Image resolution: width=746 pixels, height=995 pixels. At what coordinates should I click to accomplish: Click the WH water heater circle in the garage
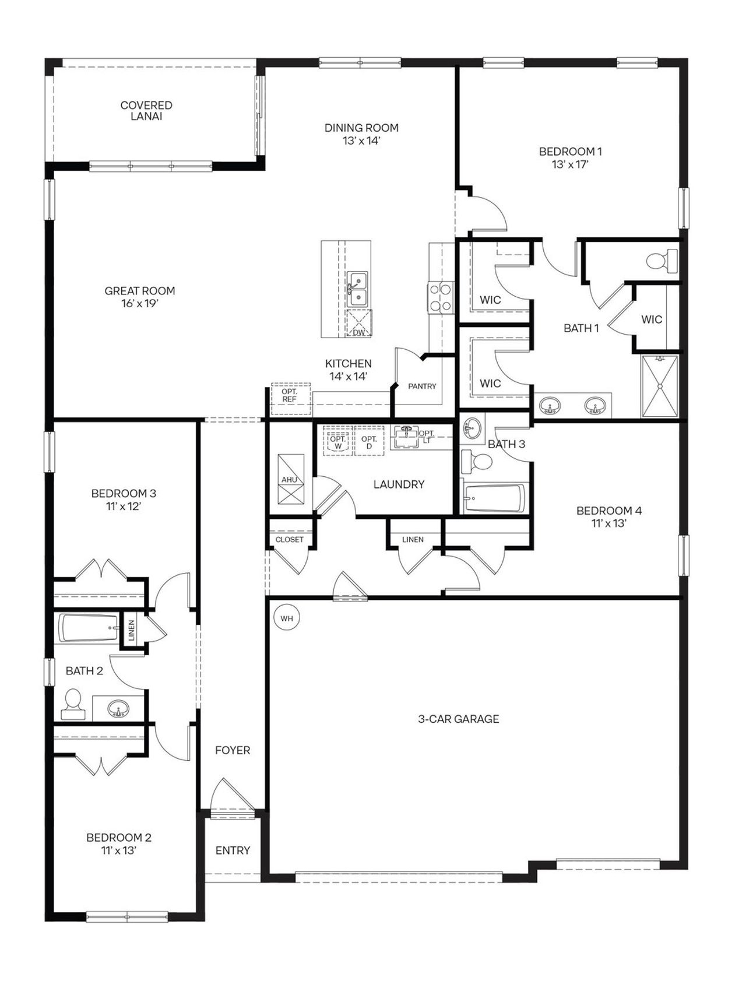[x=287, y=618]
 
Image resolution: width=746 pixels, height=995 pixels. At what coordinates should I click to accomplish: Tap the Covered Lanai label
[x=146, y=111]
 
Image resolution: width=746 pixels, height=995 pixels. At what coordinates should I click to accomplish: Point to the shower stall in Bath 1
[x=660, y=386]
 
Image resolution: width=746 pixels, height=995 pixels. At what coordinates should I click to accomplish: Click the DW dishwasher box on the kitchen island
[x=358, y=324]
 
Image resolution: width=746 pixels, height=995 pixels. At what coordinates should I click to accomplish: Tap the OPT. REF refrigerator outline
[x=290, y=399]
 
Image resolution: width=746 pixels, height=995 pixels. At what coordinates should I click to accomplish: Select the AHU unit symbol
[x=290, y=479]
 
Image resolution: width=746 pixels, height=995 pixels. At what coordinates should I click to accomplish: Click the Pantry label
[x=422, y=386]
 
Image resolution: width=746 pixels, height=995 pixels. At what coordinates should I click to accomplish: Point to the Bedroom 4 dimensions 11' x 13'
[x=608, y=523]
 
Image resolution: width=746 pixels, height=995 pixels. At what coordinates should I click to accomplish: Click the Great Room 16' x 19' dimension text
[x=140, y=304]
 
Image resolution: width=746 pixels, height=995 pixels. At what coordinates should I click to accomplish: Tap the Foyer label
[x=233, y=750]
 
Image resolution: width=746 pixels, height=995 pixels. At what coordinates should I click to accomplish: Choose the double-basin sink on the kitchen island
[x=356, y=290]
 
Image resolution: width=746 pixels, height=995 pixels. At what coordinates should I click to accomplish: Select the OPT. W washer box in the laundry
[x=338, y=441]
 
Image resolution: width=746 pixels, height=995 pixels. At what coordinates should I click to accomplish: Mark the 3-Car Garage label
[x=459, y=719]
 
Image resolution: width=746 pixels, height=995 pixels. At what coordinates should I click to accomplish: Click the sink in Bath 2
[x=119, y=709]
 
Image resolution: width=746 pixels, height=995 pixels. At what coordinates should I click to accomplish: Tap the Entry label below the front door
[x=233, y=850]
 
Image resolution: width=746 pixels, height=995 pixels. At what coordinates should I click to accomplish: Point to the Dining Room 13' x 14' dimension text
[x=361, y=140]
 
